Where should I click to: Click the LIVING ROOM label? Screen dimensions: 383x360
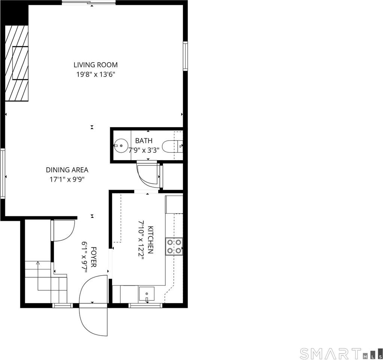tap(96, 65)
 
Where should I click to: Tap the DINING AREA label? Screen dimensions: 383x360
tap(67, 169)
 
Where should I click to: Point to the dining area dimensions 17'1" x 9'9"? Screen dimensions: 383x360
tap(67, 180)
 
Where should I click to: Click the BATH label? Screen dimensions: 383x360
tap(144, 141)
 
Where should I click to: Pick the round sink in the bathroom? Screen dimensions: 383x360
tap(121, 146)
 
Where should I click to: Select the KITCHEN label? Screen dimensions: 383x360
tap(151, 240)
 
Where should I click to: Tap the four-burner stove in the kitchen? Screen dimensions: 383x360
tap(174, 246)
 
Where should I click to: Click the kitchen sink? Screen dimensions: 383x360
tap(147, 294)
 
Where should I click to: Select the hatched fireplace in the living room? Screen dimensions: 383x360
tap(16, 63)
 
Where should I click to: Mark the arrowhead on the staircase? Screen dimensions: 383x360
tap(38, 263)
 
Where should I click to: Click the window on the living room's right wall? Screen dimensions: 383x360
tap(186, 56)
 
